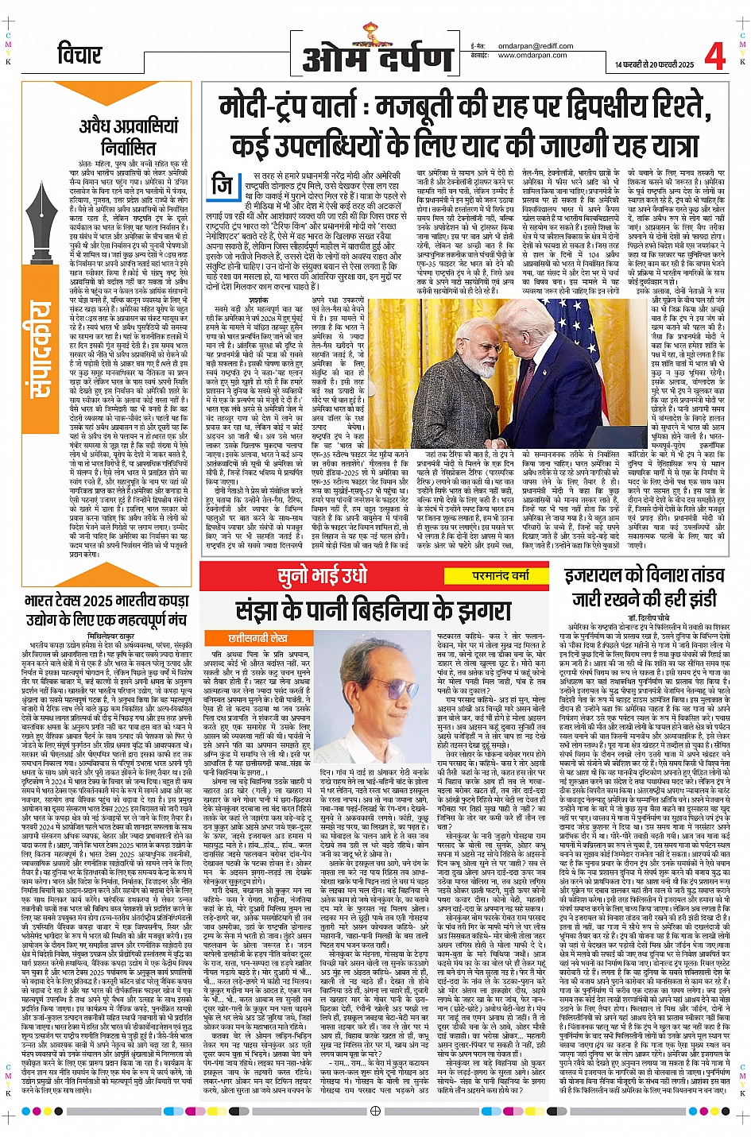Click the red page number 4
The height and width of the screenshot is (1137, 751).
pos(714,56)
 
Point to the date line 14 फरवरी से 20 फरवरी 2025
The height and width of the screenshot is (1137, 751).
pos(654,64)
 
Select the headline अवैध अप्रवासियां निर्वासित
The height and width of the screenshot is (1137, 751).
pos(129,136)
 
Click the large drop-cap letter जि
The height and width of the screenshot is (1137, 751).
pos(224,186)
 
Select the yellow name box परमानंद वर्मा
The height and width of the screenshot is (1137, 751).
pos(500,575)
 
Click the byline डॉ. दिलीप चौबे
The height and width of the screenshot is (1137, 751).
pos(644,617)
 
